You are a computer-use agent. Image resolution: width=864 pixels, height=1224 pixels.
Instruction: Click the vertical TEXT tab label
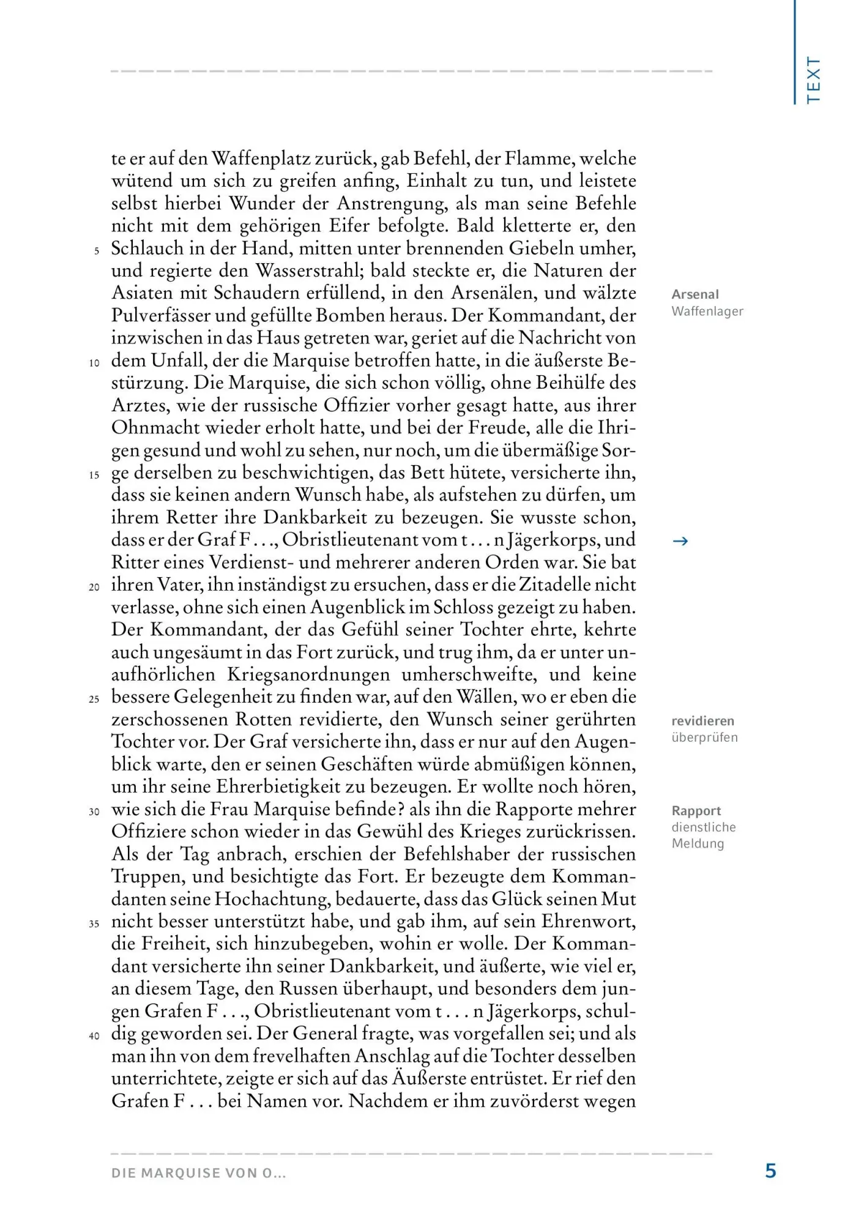coord(813,80)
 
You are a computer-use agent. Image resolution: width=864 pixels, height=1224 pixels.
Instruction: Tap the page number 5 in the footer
coord(771,1171)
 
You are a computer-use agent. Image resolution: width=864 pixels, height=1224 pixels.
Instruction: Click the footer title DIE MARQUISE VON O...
coord(198,1173)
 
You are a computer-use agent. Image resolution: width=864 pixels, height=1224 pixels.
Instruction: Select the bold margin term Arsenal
coord(695,294)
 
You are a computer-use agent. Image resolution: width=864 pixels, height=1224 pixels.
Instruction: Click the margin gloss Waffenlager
coord(707,311)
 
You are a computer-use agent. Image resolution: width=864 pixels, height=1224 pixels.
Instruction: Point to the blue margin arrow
coord(680,541)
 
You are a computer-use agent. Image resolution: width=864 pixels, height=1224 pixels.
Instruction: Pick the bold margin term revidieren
coord(702,721)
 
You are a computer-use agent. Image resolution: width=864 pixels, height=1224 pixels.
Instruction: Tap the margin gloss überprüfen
coord(704,737)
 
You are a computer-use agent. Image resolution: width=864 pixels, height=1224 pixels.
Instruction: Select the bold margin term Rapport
coord(696,811)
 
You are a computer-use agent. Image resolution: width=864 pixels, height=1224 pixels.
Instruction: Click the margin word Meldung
coord(698,843)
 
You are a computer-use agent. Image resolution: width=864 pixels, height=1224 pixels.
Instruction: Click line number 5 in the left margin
coord(96,251)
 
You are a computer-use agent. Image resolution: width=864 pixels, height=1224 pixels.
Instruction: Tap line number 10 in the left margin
coord(94,363)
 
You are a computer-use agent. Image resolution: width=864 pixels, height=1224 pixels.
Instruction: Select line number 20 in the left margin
coord(94,588)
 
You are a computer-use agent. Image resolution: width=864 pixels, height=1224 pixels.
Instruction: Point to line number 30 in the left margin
coord(94,812)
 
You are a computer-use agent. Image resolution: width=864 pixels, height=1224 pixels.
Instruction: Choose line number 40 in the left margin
coord(94,1036)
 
